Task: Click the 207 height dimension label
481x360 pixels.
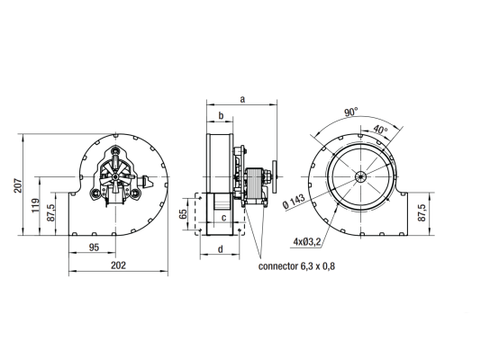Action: (18, 185)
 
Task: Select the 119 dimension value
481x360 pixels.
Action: (36, 205)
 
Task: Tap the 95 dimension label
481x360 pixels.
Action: (94, 247)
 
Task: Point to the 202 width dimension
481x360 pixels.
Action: (118, 265)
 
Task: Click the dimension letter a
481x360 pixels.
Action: (242, 99)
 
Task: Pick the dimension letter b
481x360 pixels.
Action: (221, 116)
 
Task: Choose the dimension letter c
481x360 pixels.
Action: (224, 217)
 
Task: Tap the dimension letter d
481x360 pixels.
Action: (221, 249)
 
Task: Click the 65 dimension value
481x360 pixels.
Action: (183, 214)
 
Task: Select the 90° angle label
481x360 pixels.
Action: (351, 112)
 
